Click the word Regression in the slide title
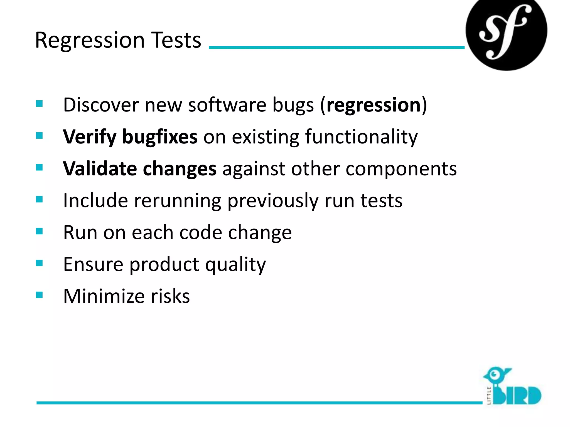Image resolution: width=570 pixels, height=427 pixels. coord(90,41)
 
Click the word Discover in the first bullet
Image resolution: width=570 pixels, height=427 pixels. coord(101,105)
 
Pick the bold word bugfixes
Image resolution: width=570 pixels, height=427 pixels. coord(160,137)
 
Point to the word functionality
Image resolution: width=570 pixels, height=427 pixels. coord(361,137)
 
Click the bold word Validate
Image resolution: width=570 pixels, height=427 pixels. coord(100,169)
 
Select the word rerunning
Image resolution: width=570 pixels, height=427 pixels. coord(178,201)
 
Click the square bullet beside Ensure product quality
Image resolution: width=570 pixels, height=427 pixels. coord(39,263)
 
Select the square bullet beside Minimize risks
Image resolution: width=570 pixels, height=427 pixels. coord(39,295)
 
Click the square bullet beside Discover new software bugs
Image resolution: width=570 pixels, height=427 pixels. coord(39,104)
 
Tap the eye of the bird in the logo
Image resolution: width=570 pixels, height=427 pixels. coord(494,374)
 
